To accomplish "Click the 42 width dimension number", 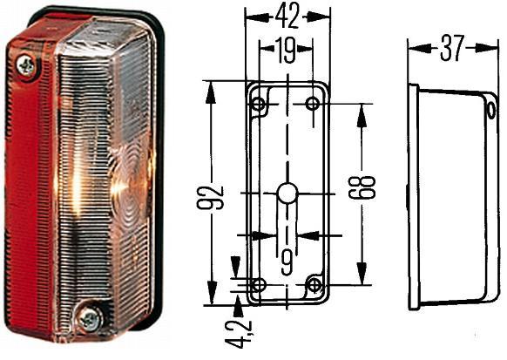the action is coord(287,17).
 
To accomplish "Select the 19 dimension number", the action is coord(286,51).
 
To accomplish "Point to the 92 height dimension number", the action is coord(210,197).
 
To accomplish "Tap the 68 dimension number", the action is coord(362,187).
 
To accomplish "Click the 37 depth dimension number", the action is coord(453,48).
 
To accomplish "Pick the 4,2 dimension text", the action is coord(240,334).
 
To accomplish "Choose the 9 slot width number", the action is coord(287,263).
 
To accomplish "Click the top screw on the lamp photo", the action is coord(26,66).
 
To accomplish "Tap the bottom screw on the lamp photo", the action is coord(91,320).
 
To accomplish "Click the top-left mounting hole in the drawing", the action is coord(259,104).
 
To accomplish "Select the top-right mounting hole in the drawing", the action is coord(313,104).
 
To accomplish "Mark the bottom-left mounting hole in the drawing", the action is coord(259,285).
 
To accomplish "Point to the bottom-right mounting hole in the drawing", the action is coord(314,285).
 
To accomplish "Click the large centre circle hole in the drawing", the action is coord(287,194).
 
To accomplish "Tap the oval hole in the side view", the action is coord(491,111).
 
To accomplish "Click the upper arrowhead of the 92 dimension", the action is coord(211,92).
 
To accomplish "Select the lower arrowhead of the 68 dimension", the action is coord(362,274).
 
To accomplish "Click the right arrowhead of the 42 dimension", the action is coord(318,17).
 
